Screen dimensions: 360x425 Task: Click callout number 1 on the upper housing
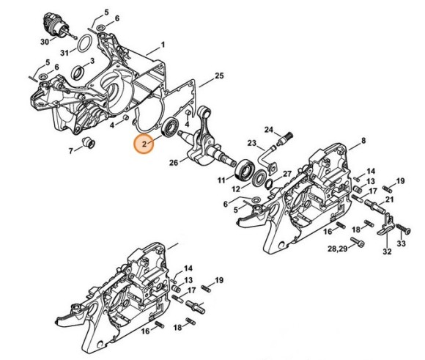[x=163, y=45]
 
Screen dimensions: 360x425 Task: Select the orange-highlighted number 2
[x=144, y=144]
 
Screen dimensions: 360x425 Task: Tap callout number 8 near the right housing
[x=365, y=139]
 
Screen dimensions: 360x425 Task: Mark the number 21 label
[x=390, y=199]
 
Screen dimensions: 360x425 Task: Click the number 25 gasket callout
[x=218, y=76]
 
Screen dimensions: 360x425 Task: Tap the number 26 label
[x=173, y=162]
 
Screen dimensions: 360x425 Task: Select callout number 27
[x=287, y=174]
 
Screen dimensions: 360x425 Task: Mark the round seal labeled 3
[x=77, y=72]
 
